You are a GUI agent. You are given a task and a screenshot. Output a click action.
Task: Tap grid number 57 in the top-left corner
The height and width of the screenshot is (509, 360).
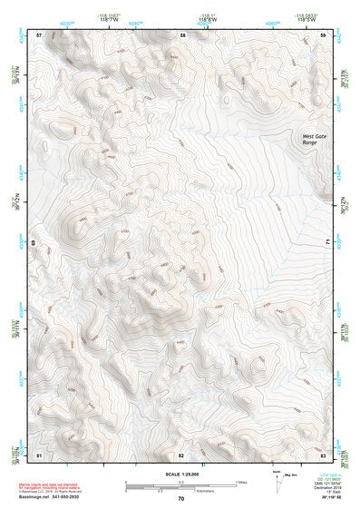tap(39, 34)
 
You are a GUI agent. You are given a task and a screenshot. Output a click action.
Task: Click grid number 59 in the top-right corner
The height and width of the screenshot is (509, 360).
tap(324, 34)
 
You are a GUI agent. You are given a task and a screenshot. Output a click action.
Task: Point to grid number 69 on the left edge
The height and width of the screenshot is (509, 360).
tap(34, 242)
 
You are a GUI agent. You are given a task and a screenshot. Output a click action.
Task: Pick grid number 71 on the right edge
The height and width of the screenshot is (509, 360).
tap(326, 242)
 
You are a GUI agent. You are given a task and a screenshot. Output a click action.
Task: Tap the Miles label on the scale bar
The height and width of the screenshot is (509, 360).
tap(241, 482)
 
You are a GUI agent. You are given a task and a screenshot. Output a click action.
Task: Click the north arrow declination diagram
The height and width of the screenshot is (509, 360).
tap(276, 478)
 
